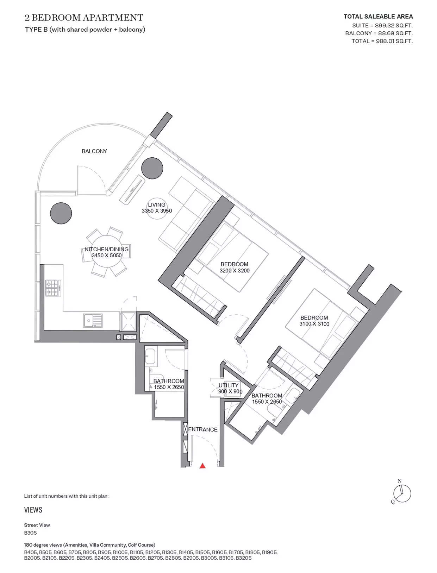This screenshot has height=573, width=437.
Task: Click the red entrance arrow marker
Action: (x=202, y=466)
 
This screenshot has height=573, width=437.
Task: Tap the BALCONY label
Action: (x=94, y=151)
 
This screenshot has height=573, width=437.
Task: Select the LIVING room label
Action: (x=157, y=205)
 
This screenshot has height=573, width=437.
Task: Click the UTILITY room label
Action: (x=229, y=385)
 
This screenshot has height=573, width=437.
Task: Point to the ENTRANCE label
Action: (x=203, y=429)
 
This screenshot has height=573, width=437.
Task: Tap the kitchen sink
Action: (x=93, y=320)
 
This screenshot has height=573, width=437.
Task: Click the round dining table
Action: (x=107, y=251)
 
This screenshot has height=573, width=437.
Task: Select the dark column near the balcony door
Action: (x=61, y=213)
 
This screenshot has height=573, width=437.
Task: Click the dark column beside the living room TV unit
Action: (x=152, y=168)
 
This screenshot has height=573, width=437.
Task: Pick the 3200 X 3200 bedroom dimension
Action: (x=235, y=270)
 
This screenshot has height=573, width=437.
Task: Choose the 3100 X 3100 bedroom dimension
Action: (x=314, y=324)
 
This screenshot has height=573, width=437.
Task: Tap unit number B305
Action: (x=31, y=533)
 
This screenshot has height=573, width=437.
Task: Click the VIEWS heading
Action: (x=33, y=510)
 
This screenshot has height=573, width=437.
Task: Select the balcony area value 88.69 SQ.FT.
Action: (x=395, y=33)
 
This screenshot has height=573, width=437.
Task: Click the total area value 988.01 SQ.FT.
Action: (x=394, y=41)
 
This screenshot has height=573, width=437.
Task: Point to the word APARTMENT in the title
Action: (x=113, y=18)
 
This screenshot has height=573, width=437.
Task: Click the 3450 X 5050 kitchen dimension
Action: (x=106, y=255)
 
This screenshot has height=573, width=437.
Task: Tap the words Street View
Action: (x=37, y=525)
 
